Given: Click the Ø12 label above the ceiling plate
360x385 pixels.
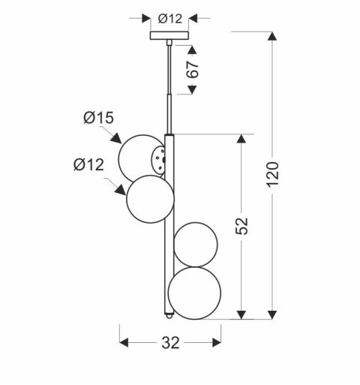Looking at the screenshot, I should [171, 18].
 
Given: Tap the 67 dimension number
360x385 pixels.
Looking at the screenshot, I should [193, 71].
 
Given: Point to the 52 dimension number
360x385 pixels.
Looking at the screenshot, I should [241, 225].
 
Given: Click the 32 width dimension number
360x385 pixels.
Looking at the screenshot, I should [171, 344].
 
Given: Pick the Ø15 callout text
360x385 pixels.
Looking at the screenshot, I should [98, 118].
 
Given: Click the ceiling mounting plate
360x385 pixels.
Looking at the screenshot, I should [170, 35].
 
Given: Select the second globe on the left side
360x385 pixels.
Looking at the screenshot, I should [151, 198].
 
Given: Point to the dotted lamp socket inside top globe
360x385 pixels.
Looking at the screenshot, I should [157, 158].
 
